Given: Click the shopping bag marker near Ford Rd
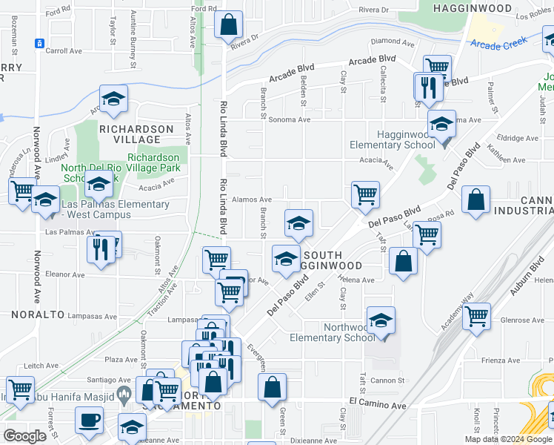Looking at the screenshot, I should pyautogui.click(x=229, y=24).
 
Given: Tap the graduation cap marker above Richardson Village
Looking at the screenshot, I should pyautogui.click(x=114, y=99).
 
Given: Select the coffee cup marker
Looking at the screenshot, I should pyautogui.click(x=90, y=421).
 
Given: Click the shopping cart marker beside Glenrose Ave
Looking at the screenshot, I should pyautogui.click(x=476, y=316).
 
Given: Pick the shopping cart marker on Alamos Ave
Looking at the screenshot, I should pyautogui.click(x=365, y=195).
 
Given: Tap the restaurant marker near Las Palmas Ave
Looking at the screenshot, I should pyautogui.click(x=100, y=248).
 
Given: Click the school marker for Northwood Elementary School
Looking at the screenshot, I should pyautogui.click(x=381, y=320).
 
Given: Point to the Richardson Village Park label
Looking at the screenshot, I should pyautogui.click(x=153, y=162).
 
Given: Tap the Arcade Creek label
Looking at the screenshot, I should pyautogui.click(x=496, y=45).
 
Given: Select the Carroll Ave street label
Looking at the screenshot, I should pyautogui.click(x=64, y=52).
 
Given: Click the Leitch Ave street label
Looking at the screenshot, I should pyautogui.click(x=41, y=366).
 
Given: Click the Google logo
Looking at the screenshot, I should pyautogui.click(x=24, y=435).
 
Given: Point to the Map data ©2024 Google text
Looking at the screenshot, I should pyautogui.click(x=508, y=439).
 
